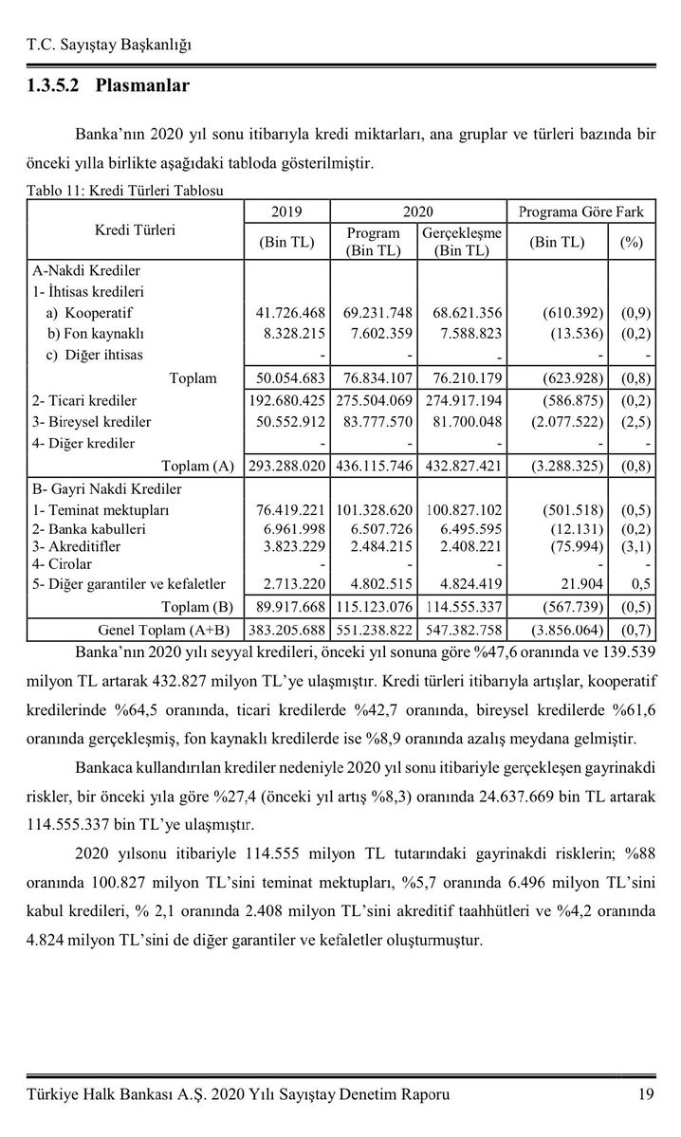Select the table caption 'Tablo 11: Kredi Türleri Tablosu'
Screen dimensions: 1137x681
pos(124,191)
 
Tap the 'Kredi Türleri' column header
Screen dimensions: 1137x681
pos(135,229)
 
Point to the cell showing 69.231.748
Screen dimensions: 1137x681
pos(373,312)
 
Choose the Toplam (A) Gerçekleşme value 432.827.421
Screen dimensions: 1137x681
pos(461,467)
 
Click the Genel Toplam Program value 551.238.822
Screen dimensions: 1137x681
pos(373,629)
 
